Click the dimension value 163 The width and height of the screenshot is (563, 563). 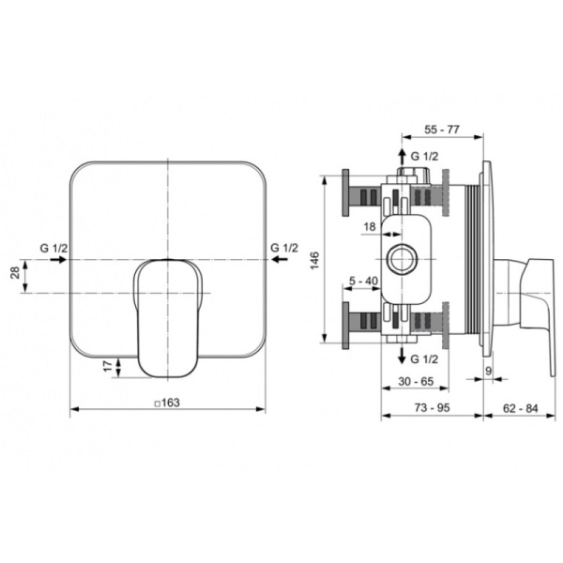pos(171,403)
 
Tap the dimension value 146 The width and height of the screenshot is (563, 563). pos(314,260)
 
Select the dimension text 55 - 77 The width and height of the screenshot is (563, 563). pos(442,129)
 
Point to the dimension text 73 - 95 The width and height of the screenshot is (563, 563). pos(432,408)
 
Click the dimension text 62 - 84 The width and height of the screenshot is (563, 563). pos(520,408)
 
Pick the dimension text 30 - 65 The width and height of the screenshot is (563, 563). pos(416,381)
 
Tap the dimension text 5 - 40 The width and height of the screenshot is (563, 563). pos(364,281)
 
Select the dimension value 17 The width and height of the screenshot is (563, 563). pos(108,367)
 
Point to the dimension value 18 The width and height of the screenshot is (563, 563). pos(370,226)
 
